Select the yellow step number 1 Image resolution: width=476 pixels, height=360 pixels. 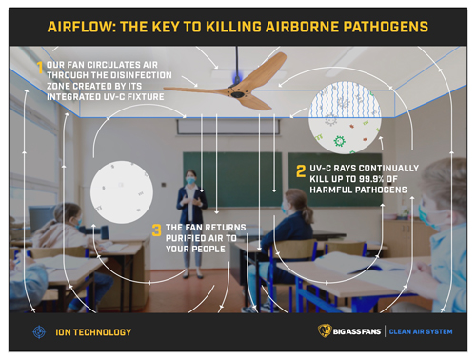pos(40,68)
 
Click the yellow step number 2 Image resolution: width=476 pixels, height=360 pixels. pos(301,170)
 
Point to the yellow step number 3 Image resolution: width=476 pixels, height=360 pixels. pos(157,230)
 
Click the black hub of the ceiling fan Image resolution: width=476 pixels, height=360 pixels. pos(237,93)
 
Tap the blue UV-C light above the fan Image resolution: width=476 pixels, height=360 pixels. pos(237,76)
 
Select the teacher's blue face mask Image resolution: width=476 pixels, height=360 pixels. pos(190,180)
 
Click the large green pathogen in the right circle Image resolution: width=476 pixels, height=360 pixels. pos(339,141)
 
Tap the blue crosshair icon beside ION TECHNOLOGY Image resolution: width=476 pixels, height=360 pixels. pos(39,332)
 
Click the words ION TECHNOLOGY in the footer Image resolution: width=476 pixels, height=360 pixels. pos(93,332)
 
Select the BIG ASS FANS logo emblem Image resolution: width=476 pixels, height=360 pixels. pos(325,331)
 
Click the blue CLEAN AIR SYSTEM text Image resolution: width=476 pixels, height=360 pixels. pos(421,331)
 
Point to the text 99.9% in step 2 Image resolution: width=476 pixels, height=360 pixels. pos(371,179)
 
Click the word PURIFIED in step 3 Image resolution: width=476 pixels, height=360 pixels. pos(186,238)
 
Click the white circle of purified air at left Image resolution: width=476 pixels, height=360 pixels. pos(122,192)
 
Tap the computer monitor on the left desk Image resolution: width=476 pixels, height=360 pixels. pos(39,217)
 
